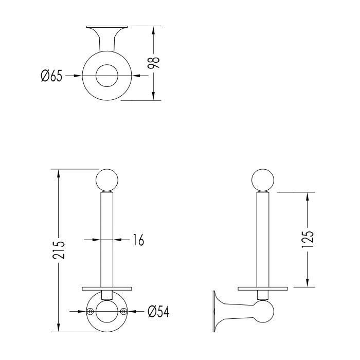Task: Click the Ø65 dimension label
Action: click(51, 76)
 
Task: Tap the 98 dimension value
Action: click(153, 63)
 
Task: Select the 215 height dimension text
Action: click(59, 250)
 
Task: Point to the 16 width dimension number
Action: click(138, 240)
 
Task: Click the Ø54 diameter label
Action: click(158, 312)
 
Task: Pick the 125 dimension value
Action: click(308, 239)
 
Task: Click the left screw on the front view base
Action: click(91, 311)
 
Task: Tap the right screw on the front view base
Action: click(123, 311)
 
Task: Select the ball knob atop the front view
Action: click(107, 180)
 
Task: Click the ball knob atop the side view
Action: click(263, 180)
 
